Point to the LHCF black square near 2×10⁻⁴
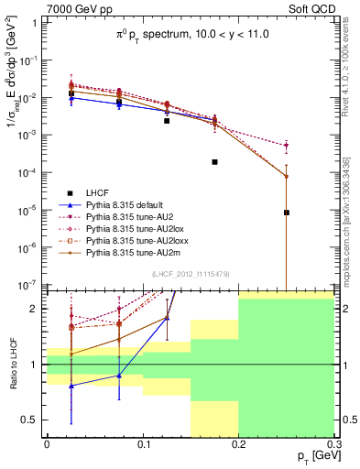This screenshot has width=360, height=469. tap(214, 162)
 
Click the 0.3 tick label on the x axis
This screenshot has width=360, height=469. tap(333, 444)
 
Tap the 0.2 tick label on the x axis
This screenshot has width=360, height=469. tap(238, 444)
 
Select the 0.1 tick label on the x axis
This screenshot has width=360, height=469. tap(142, 444)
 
